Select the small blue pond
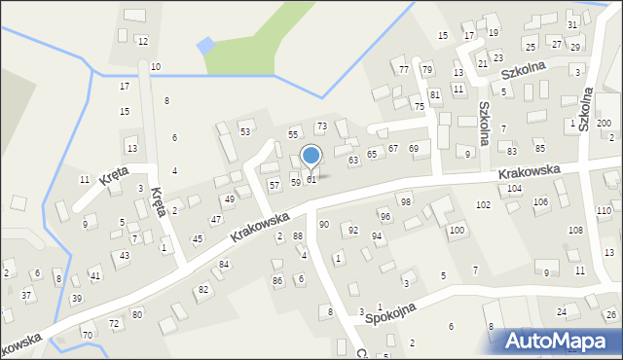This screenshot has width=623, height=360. click(x=205, y=46)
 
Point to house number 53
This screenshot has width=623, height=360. click(x=245, y=132)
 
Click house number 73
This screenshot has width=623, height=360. click(x=321, y=127)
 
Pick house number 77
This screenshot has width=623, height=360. click(x=404, y=70)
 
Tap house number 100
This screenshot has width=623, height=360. click(x=456, y=231)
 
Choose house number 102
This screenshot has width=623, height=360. click(x=483, y=205)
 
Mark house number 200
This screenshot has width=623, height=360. click(x=604, y=124)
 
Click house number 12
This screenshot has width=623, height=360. click(x=142, y=41)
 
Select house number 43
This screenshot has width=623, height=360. click(x=124, y=256)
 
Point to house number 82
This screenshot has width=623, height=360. click(x=203, y=290)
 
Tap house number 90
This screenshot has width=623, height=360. click(x=324, y=225)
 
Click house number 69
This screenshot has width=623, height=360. click(x=414, y=149)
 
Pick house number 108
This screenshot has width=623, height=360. click(x=575, y=230)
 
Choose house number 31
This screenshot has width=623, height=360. click(x=572, y=25)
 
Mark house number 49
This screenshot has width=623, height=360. click(x=229, y=199)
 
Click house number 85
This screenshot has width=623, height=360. click(x=539, y=148)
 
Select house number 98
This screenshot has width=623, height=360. click(x=405, y=201)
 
